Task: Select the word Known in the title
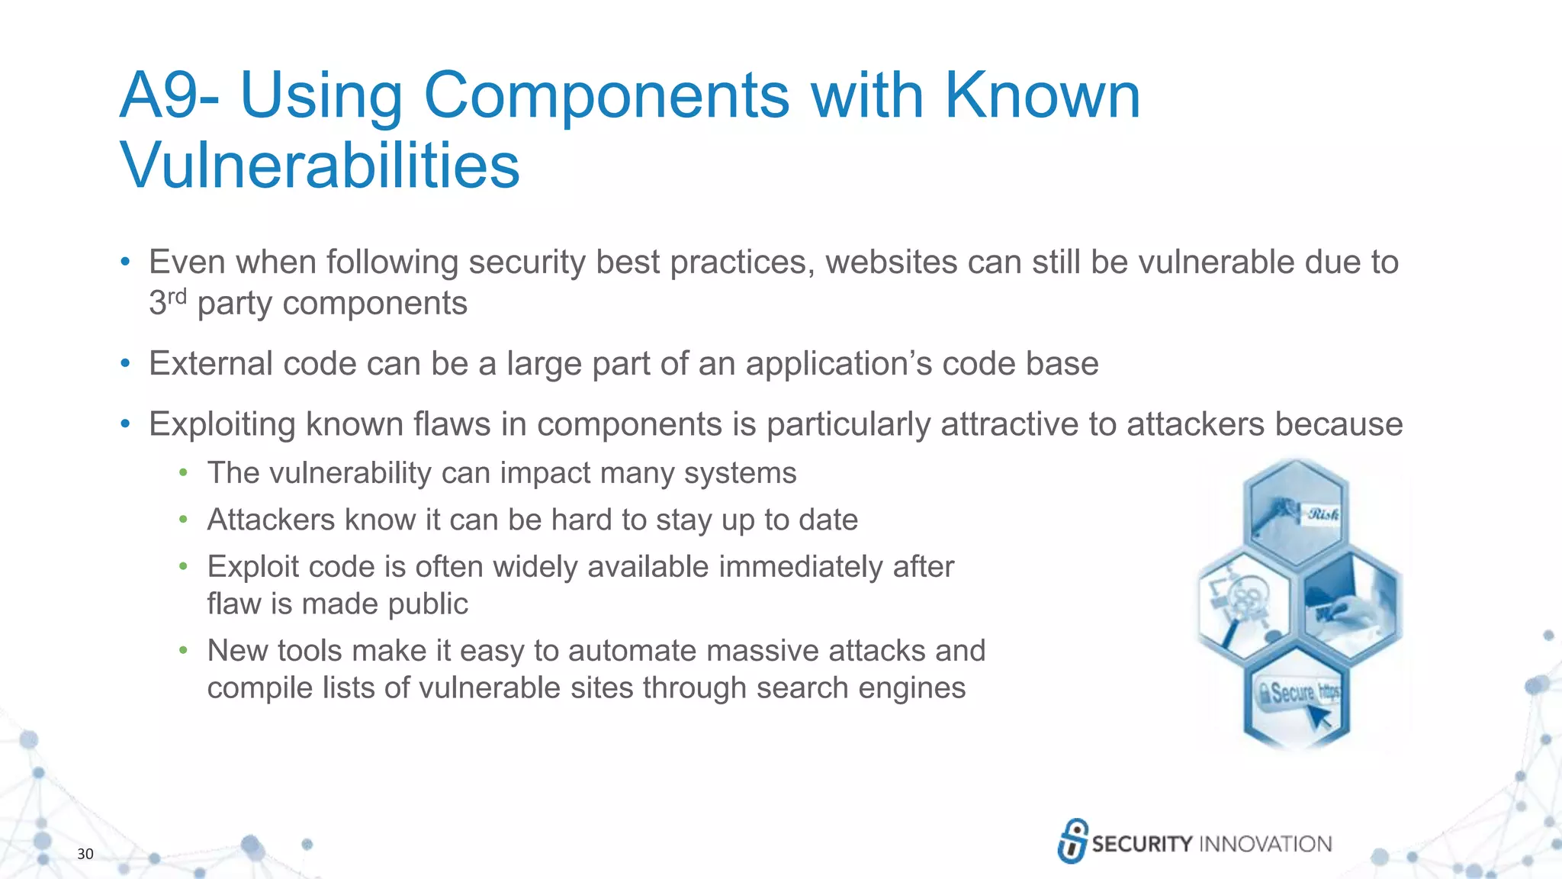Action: coord(1042,96)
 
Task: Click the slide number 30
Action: coord(85,854)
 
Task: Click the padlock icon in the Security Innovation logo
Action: coord(1072,841)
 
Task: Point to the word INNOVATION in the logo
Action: coord(1265,844)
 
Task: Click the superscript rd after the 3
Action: coord(177,296)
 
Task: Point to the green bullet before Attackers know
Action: coord(183,520)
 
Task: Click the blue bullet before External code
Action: coord(126,364)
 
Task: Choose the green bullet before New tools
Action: coord(183,651)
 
